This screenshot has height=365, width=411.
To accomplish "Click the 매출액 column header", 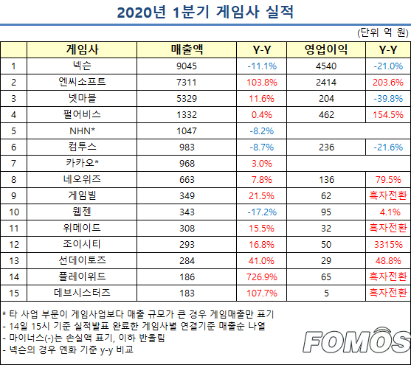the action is (x=187, y=49).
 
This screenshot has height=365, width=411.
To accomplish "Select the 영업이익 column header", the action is (x=326, y=49).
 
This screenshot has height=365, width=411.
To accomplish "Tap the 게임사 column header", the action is (x=82, y=49).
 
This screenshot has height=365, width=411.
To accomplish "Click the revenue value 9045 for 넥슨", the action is (x=187, y=66).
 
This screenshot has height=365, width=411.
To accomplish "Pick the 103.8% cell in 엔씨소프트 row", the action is (x=262, y=83).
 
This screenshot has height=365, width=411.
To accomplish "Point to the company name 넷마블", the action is (x=82, y=98).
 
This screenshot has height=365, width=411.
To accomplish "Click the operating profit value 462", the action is (x=326, y=115).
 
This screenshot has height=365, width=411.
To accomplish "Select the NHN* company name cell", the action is (x=82, y=131).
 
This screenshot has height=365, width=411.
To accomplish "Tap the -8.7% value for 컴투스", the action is (x=262, y=147).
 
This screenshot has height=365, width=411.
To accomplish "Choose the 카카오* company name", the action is (x=82, y=163).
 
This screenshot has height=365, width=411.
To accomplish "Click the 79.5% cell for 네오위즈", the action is (x=388, y=179).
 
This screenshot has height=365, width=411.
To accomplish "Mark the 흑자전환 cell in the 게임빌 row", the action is (x=388, y=195).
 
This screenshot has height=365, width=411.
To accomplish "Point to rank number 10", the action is (x=14, y=212).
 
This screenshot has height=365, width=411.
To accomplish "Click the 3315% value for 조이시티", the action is (x=388, y=245).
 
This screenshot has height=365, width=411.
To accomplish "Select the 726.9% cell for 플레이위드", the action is (x=262, y=277).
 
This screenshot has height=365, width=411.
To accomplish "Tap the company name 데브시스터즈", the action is (x=82, y=293).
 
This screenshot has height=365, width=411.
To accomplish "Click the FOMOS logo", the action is (x=356, y=340).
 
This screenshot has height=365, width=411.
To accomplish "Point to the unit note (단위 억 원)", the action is (x=383, y=32).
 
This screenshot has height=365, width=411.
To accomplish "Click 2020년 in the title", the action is (x=141, y=13).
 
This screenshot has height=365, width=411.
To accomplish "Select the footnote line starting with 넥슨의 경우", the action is (x=68, y=350).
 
